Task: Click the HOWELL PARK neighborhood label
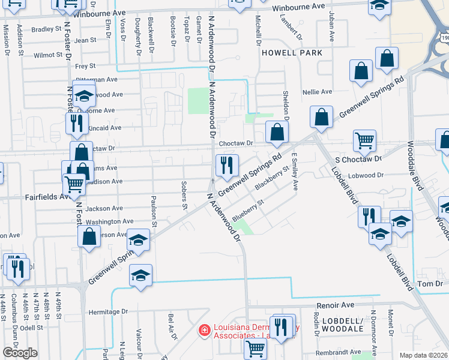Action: coord(292,53)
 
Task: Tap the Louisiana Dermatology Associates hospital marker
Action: coord(204,330)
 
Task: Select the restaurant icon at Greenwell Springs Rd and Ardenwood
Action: coord(227,165)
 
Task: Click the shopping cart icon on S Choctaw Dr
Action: coord(364,142)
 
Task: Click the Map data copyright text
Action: coord(424,355)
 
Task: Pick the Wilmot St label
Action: coord(48,55)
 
